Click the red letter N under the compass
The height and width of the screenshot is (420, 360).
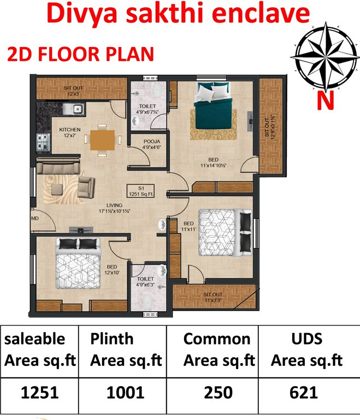327,101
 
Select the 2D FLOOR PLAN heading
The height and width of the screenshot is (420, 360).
80,55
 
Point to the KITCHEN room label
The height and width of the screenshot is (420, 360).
69,132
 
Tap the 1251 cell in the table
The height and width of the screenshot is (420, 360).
39,392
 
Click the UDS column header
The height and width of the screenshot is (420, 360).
306,339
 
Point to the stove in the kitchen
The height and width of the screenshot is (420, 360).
43,143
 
